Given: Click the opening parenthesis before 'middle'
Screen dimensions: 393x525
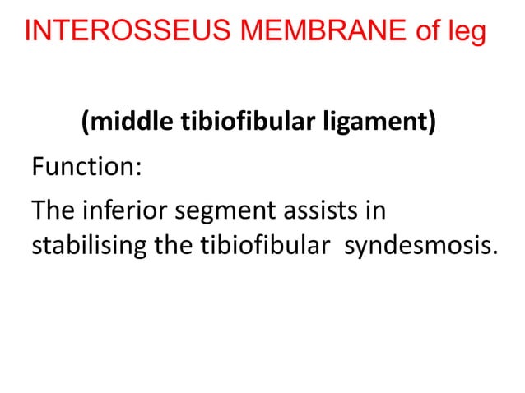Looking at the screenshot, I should pos(86,124).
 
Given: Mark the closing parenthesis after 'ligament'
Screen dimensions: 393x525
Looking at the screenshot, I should pos(431,124).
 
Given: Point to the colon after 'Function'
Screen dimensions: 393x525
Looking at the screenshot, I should pos(138,170).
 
